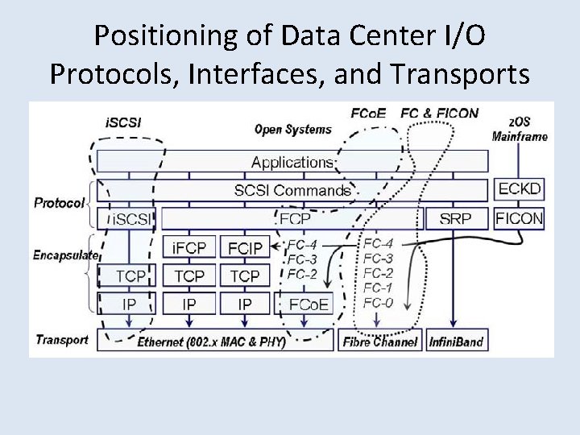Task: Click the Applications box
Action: (292, 162)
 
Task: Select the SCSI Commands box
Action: (292, 191)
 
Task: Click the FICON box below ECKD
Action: (520, 217)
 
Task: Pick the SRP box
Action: (455, 217)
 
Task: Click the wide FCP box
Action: (294, 217)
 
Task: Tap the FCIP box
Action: (244, 247)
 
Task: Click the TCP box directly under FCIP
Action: (244, 275)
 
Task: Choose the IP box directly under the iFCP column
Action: (188, 304)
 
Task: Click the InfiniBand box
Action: (456, 341)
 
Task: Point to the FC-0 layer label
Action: (378, 303)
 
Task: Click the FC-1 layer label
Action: (378, 288)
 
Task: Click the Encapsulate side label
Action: (65, 255)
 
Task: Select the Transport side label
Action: (61, 340)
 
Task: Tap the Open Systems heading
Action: (292, 129)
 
